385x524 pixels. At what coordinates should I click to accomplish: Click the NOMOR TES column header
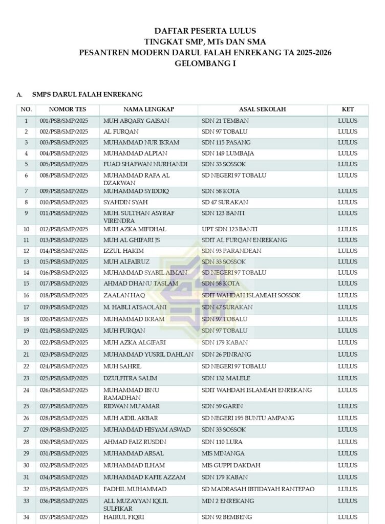tap(68, 110)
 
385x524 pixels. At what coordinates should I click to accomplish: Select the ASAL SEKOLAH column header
tap(262, 110)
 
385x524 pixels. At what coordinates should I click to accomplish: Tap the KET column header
tap(348, 110)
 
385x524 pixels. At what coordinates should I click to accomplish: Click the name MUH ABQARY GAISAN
tap(136, 121)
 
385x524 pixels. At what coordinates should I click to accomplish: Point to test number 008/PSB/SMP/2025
tap(64, 175)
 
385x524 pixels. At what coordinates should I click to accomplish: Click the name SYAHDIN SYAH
tap(125, 202)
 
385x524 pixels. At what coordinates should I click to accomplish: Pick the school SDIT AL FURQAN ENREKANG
tap(244, 240)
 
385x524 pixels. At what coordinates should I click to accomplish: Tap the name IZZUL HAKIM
tap(123, 251)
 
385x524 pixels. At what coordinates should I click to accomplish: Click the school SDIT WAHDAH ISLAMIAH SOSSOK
tap(251, 295)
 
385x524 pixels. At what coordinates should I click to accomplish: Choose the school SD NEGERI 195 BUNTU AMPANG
tap(248, 418)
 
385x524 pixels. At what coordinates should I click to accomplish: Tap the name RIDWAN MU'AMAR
tap(132, 406)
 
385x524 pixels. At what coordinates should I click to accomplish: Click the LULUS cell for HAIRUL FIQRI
tap(348, 517)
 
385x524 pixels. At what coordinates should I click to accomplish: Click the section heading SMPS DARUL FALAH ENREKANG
tap(87, 94)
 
